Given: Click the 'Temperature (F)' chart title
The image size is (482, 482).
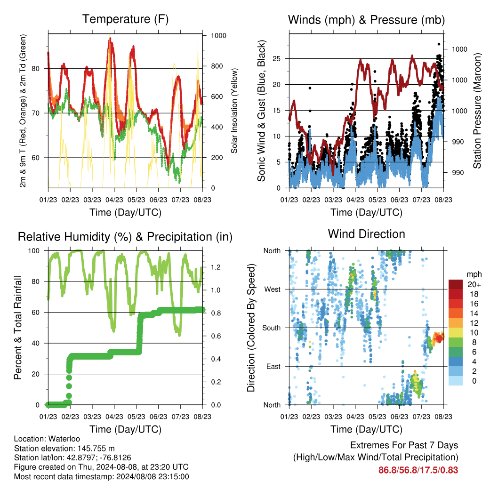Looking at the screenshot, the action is (x=125, y=19).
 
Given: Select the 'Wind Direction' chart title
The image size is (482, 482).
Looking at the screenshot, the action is (x=366, y=234).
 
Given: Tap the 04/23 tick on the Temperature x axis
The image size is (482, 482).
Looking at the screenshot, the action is (x=114, y=200).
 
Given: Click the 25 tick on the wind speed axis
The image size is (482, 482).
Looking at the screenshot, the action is (x=276, y=58).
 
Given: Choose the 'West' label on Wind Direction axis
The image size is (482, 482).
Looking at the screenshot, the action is (x=273, y=289).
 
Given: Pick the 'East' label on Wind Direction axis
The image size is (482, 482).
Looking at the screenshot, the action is (x=273, y=366).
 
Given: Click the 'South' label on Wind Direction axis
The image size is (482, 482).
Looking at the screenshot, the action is (x=272, y=328).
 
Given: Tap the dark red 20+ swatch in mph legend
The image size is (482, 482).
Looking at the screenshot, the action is (x=456, y=284).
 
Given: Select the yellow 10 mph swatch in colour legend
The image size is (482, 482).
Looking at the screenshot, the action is (x=456, y=333).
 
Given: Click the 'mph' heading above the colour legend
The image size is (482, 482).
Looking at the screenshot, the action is (x=474, y=274).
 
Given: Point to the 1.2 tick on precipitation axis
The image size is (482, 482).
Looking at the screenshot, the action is (x=216, y=267).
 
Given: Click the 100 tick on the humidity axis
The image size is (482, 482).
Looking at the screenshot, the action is (x=34, y=251).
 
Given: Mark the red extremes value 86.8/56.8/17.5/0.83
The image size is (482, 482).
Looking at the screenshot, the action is (x=418, y=470).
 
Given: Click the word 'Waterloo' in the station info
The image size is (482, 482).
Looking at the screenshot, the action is (x=64, y=439).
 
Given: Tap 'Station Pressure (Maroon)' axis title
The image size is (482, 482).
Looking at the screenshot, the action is (x=477, y=111).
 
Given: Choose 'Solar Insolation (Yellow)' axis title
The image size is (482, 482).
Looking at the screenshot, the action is (x=234, y=111).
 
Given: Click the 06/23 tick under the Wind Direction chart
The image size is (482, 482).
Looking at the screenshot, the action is (x=399, y=417).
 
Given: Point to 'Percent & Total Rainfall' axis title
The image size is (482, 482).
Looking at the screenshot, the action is (x=18, y=328).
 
